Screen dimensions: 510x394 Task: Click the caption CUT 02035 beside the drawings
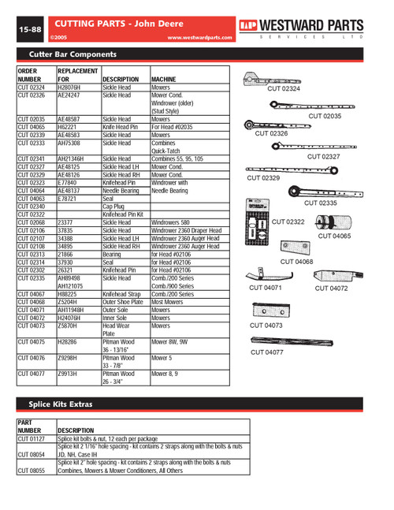click(324, 115)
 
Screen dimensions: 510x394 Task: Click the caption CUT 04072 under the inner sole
click(334, 289)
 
